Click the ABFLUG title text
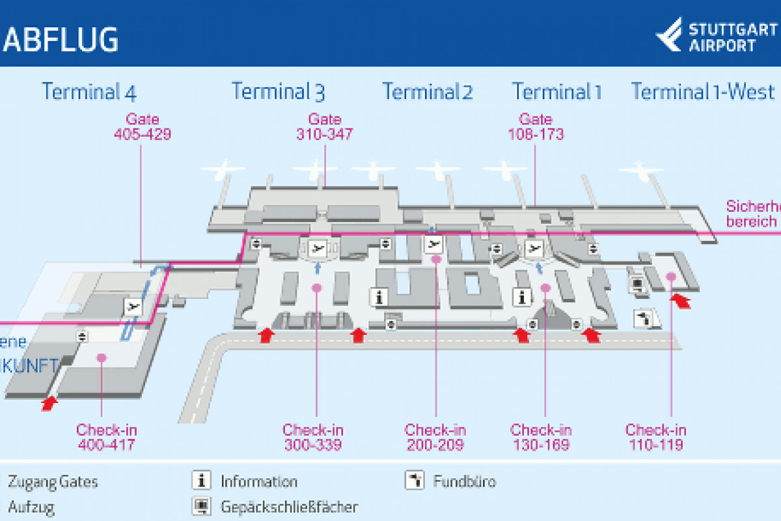point(63,39)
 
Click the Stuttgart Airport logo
point(716,36)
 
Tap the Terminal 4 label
point(89,91)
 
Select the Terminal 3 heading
point(278,91)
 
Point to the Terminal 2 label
point(427,91)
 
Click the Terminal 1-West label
point(703,91)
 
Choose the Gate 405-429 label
point(143,127)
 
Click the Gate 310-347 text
point(324,127)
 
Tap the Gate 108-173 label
point(535,127)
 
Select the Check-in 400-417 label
point(107,437)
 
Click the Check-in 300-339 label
point(313,437)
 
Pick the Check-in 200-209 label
point(435,437)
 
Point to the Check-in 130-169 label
point(541,437)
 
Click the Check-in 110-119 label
point(655,437)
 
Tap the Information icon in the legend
point(202,481)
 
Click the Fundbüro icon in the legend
point(415,481)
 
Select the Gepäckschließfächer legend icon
point(202,506)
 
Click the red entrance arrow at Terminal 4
point(48,404)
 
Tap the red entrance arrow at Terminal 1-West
point(681,300)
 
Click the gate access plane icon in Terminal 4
point(134,306)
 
